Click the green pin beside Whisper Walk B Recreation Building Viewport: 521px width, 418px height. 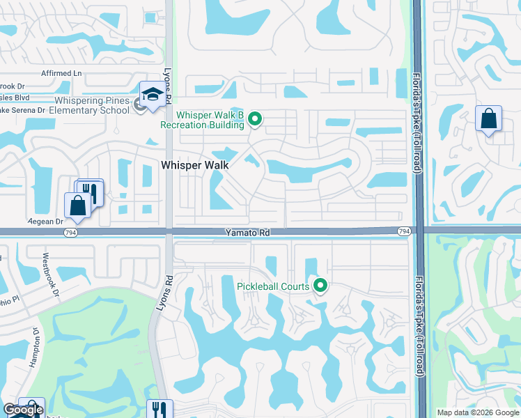[x=255, y=120]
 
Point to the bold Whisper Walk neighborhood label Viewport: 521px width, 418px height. [x=195, y=165]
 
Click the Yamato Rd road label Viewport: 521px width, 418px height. [x=246, y=232]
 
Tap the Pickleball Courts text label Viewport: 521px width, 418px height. [x=273, y=286]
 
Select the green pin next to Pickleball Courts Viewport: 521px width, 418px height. [x=321, y=285]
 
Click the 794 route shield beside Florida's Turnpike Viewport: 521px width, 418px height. [x=404, y=231]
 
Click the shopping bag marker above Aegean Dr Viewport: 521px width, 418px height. [x=77, y=205]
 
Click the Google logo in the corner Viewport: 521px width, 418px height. [x=24, y=410]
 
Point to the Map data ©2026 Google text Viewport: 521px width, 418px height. [x=478, y=412]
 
